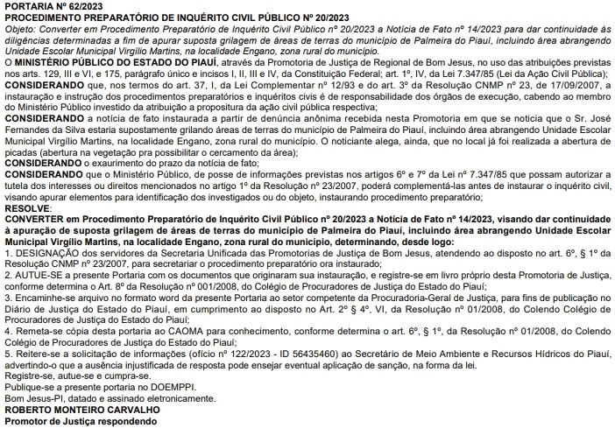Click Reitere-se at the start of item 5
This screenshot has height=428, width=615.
pyautogui.click(x=38, y=354)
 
